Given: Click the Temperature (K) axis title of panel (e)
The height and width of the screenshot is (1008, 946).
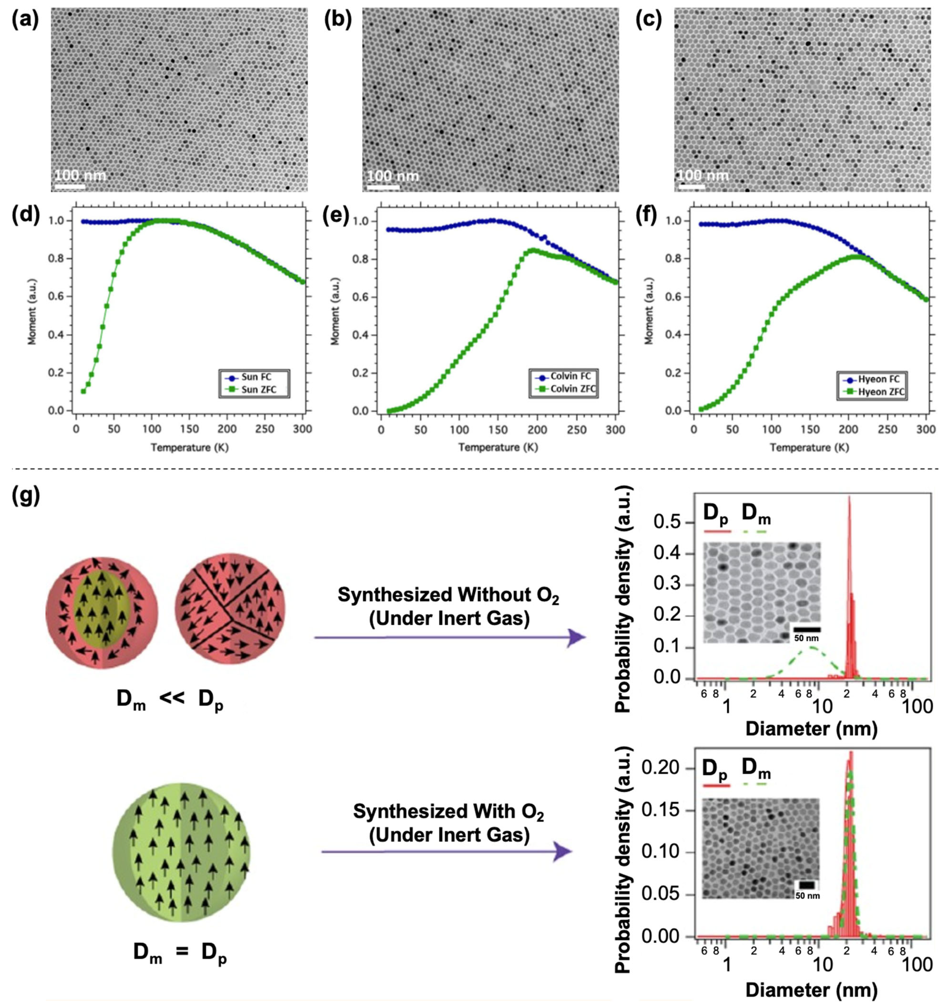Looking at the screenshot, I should tap(498, 447).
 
